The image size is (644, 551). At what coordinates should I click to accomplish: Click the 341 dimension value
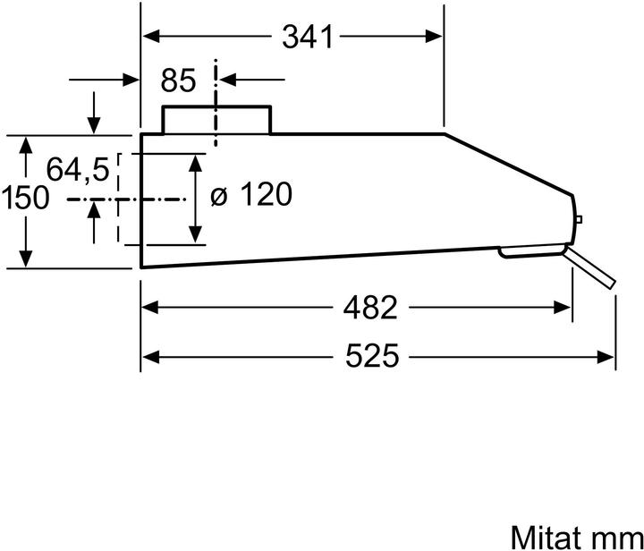(x=307, y=37)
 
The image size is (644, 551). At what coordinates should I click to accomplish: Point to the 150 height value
(x=25, y=198)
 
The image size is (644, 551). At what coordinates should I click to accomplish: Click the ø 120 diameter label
(x=251, y=194)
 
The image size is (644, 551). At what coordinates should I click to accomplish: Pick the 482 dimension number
(x=369, y=308)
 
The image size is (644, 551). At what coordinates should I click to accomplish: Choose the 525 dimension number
(x=371, y=357)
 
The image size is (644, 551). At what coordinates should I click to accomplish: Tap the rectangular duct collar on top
(x=216, y=120)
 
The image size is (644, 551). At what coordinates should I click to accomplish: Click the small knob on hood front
(x=580, y=219)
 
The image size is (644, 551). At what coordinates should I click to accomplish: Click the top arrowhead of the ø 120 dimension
(x=195, y=159)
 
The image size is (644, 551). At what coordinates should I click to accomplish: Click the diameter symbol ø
(x=220, y=195)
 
